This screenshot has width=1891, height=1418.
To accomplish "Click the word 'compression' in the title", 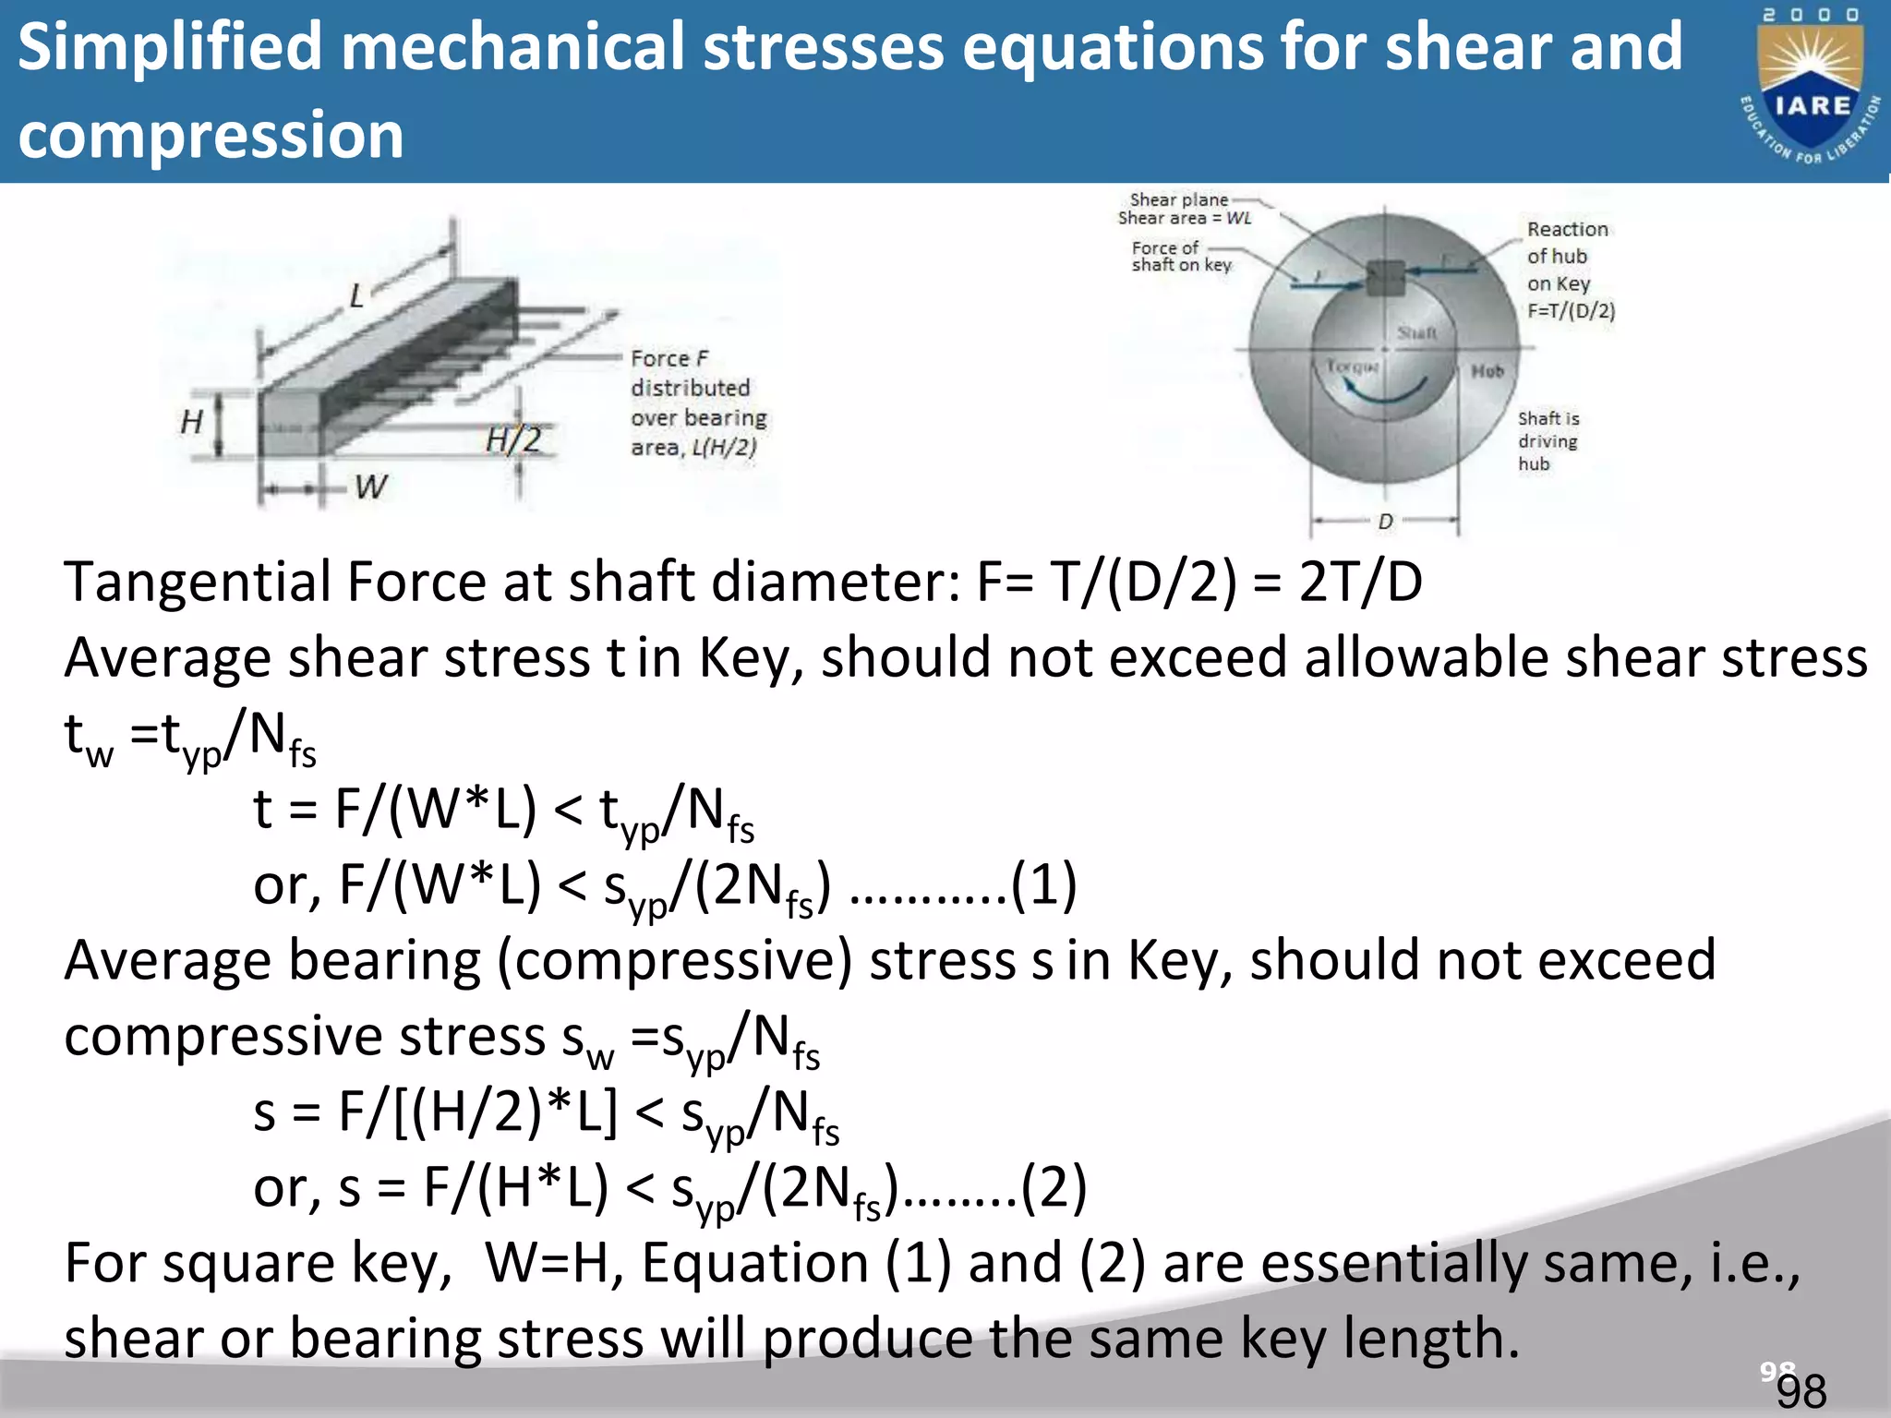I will point(211,135).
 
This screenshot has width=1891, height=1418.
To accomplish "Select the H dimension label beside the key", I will point(191,422).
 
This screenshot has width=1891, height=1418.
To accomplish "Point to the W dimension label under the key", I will point(371,487).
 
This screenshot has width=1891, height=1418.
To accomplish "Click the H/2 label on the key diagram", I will point(514,439).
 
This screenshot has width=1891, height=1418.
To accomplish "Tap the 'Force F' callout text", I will point(669,358).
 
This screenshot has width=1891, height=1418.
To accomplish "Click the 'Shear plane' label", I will point(1179,199).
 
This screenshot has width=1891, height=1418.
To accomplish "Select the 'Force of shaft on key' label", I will point(1181,257).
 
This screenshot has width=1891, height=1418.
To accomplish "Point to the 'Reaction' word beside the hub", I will point(1567,229).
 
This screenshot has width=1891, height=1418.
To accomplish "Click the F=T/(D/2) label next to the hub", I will point(1571,310).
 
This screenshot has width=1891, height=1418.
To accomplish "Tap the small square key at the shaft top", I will point(1385,277).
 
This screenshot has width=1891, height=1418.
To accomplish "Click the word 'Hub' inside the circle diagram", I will point(1488,371).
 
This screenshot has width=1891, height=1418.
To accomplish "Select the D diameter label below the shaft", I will point(1385,522).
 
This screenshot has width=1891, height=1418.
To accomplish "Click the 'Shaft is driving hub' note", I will point(1548,441).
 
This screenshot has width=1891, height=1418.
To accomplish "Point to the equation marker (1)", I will point(1043,884).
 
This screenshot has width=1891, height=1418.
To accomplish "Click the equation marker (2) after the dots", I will point(1054,1187).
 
